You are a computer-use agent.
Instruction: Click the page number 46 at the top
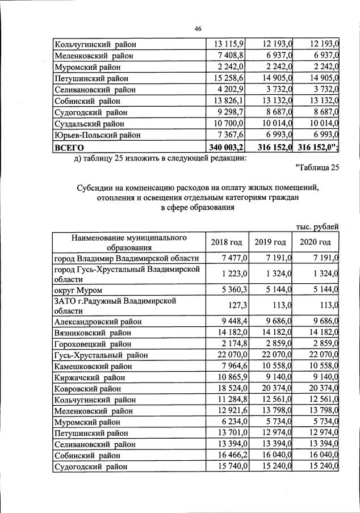point(198,28)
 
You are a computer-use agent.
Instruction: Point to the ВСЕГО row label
point(68,146)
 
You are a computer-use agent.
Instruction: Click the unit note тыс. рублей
point(318,227)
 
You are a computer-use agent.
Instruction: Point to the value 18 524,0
point(231,389)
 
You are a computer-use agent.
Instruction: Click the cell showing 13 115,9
point(229,44)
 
